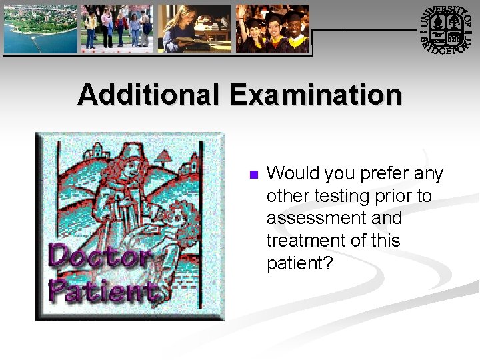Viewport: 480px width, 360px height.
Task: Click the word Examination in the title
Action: coord(316,95)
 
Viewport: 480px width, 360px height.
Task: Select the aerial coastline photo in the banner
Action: coord(41,29)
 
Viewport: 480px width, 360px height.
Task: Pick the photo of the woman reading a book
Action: coord(195,29)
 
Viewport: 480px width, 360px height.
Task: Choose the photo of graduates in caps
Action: coord(273,29)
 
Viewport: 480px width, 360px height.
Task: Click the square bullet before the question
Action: coord(253,175)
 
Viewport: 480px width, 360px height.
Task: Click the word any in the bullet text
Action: coord(429,174)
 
